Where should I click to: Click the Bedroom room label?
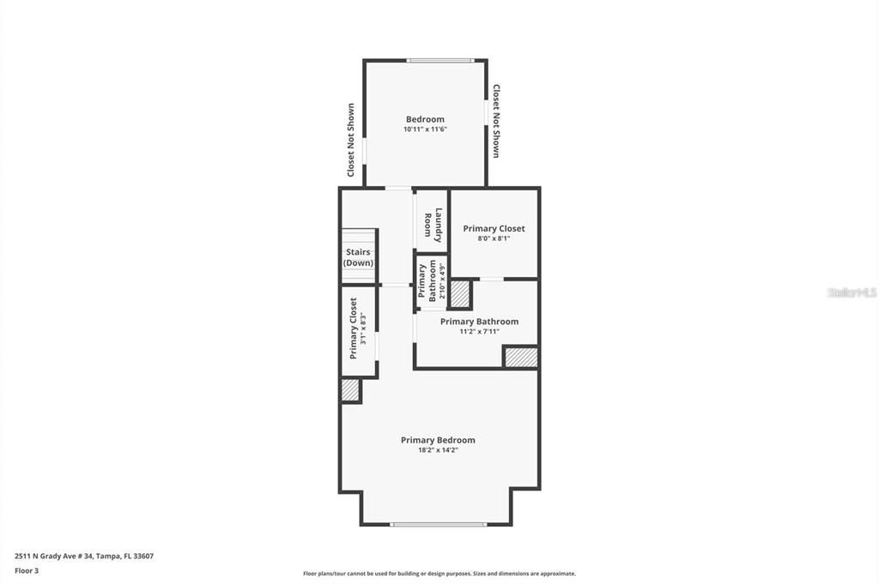click(425, 119)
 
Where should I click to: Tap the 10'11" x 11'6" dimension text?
click(425, 130)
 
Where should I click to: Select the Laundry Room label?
click(433, 223)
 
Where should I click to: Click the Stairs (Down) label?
click(359, 257)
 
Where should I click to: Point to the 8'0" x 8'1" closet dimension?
click(494, 238)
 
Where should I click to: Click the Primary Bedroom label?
click(438, 440)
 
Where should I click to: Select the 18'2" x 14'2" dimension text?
click(438, 450)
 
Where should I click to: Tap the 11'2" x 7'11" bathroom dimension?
click(479, 331)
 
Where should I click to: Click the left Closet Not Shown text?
click(351, 141)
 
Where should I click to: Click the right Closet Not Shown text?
click(496, 121)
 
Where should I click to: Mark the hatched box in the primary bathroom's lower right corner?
click(520, 357)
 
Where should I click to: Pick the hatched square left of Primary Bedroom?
click(350, 390)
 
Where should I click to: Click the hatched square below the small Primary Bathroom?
click(461, 294)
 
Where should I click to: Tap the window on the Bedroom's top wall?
click(439, 60)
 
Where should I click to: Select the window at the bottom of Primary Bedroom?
click(439, 524)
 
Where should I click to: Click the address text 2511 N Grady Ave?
click(84, 556)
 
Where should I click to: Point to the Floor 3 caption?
click(27, 570)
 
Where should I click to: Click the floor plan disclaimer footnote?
click(439, 574)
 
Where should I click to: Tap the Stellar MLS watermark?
click(852, 292)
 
